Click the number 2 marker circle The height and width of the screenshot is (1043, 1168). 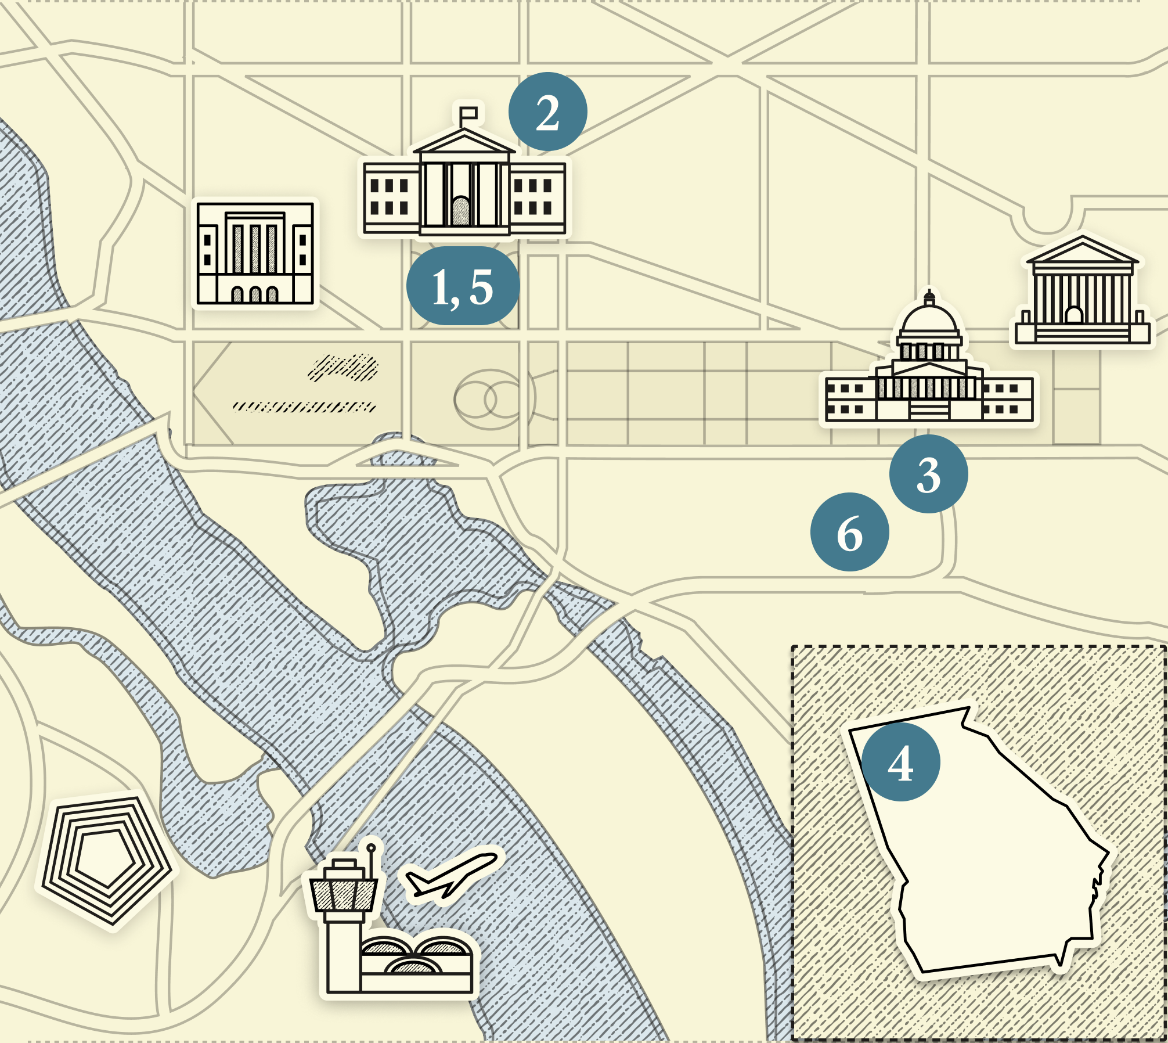tap(547, 112)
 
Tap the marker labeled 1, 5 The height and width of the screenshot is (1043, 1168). tap(463, 286)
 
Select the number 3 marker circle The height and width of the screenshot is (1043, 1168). tap(928, 474)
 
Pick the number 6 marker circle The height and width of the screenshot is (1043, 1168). tap(849, 532)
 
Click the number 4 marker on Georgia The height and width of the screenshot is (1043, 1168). tap(900, 762)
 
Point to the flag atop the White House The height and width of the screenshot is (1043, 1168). tap(468, 113)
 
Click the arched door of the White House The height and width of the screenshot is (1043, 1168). tap(461, 211)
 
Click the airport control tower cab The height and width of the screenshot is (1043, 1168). tap(344, 894)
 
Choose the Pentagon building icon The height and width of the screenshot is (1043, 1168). tap(106, 859)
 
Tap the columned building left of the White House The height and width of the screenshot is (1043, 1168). tap(255, 253)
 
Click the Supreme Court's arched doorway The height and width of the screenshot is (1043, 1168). tap(1074, 315)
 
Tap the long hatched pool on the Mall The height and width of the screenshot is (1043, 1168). tap(304, 407)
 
